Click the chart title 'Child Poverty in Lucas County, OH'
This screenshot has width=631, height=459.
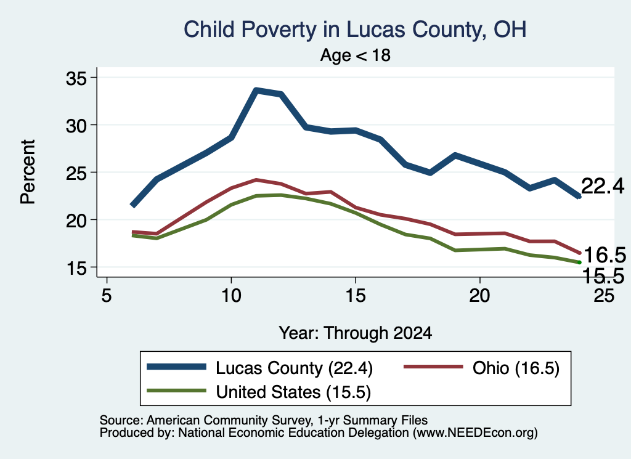pos(355,30)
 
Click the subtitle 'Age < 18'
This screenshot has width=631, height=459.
pos(356,55)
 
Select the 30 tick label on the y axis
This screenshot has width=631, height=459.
pos(76,126)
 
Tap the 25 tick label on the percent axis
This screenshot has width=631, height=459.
pos(76,173)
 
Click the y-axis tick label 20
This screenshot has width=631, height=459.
pos(76,221)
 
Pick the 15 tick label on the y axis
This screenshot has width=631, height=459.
pos(76,268)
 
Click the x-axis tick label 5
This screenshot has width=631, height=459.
pos(106,296)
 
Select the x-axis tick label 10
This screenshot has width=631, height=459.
pos(231,296)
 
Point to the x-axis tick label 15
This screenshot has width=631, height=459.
pos(356,296)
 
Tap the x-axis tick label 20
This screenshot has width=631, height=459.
pos(479,296)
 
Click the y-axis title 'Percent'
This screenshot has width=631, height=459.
pos(28,172)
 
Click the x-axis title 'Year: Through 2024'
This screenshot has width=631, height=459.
pos(356,333)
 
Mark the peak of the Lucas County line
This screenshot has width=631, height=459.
pos(256,90)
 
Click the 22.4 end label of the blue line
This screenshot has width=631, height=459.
pos(603,186)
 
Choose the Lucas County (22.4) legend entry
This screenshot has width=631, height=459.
pos(259,368)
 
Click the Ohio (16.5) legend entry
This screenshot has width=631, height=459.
pos(481,368)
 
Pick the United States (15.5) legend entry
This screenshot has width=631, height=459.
pos(259,392)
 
